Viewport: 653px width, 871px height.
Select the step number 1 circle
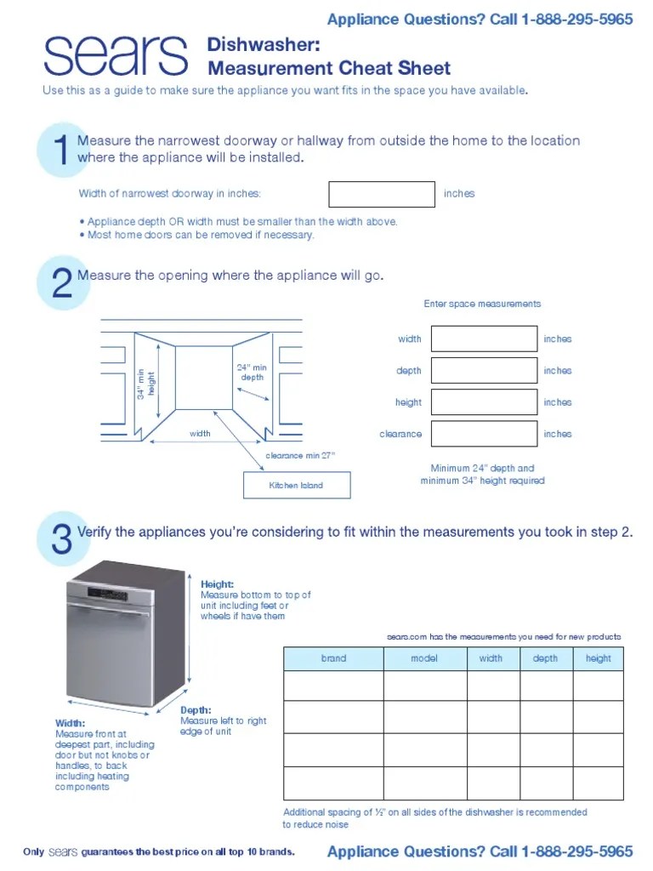coord(62,151)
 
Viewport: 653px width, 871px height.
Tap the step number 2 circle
coord(62,283)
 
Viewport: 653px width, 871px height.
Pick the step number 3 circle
coord(62,539)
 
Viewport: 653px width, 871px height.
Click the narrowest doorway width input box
coord(382,194)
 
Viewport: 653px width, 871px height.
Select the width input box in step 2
coord(484,339)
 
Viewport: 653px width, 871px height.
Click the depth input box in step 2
coord(484,371)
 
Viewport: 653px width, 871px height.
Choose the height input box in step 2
coord(484,402)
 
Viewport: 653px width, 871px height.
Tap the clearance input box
coord(484,434)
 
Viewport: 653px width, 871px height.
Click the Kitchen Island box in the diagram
coord(297,486)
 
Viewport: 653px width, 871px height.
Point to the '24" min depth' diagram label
coord(252,373)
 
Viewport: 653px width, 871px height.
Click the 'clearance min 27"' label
coord(300,456)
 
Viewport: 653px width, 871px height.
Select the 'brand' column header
coord(333,658)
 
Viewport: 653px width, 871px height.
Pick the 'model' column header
coord(424,658)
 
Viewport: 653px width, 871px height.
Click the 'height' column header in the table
coord(598,658)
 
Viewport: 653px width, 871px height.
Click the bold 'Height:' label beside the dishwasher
coord(217,584)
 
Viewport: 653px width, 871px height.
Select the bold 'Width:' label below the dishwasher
coord(70,723)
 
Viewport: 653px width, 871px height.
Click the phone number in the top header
coord(583,19)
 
